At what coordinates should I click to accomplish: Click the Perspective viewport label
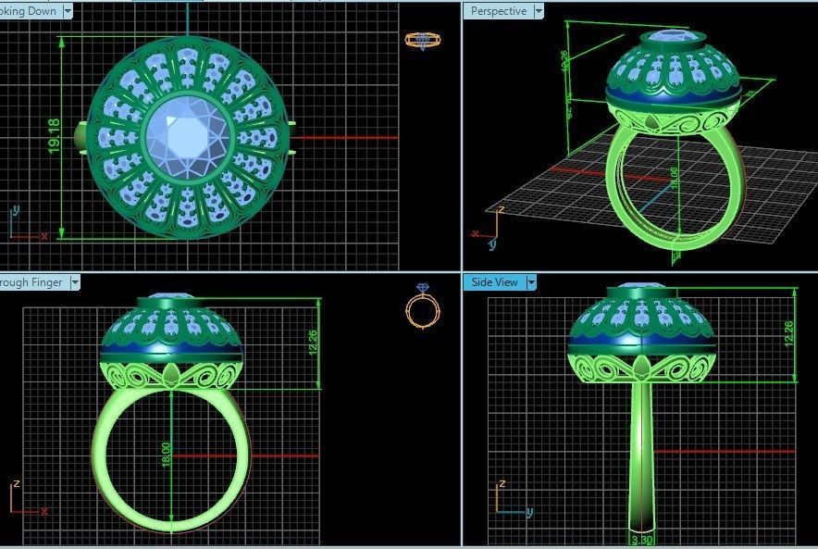click(498, 11)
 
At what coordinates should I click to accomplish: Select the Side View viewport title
click(494, 282)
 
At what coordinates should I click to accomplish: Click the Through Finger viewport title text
click(30, 282)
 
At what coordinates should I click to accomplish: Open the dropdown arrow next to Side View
click(531, 282)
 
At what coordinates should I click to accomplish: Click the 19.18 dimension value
click(54, 136)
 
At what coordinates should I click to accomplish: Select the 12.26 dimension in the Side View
click(787, 334)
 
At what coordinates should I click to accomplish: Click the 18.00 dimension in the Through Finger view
click(166, 453)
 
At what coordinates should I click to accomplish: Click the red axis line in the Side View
click(722, 452)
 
